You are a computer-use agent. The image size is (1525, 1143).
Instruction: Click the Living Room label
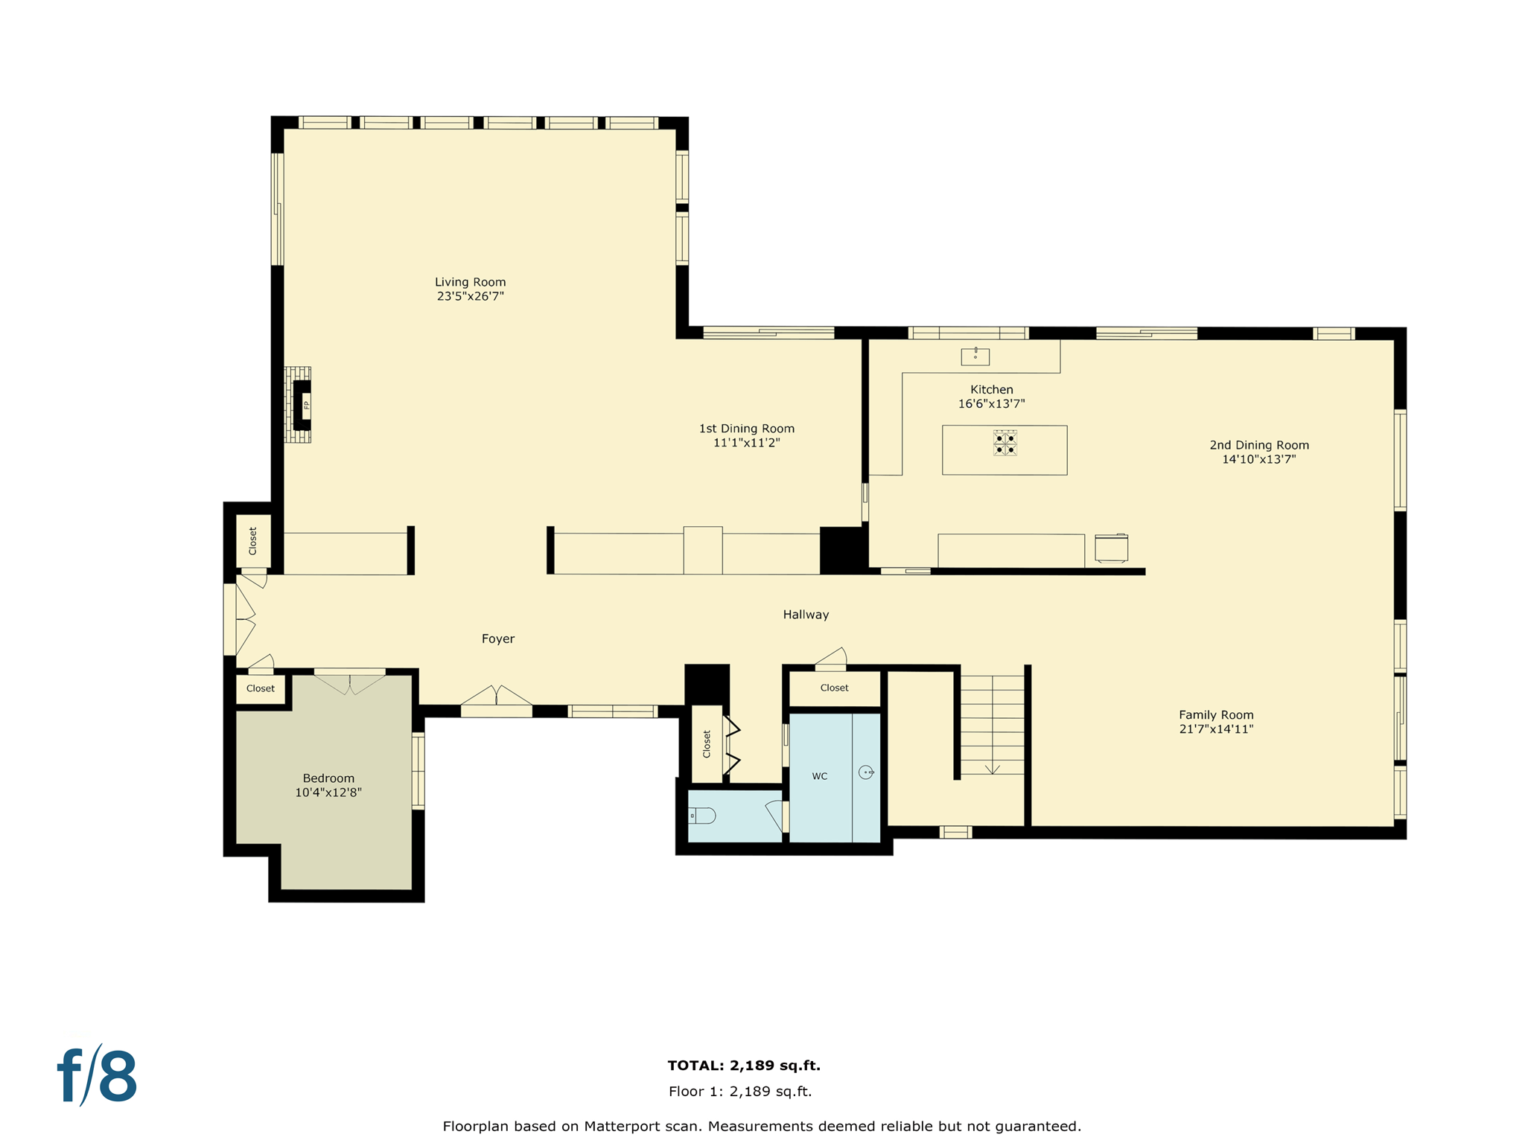pyautogui.click(x=470, y=282)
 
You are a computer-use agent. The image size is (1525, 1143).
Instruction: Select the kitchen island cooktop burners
pyautogui.click(x=1005, y=443)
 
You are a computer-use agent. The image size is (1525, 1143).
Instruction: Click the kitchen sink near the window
pyautogui.click(x=975, y=356)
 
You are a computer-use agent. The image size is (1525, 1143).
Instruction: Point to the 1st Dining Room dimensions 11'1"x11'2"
pyautogui.click(x=746, y=443)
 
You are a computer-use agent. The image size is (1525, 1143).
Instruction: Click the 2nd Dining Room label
pyautogui.click(x=1258, y=445)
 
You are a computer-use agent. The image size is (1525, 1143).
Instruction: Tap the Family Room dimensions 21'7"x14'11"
pyautogui.click(x=1216, y=729)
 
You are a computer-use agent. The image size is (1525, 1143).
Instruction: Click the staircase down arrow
pyautogui.click(x=993, y=768)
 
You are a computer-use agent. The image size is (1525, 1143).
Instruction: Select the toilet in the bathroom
pyautogui.click(x=701, y=816)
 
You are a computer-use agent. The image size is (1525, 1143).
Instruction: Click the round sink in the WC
pyautogui.click(x=866, y=772)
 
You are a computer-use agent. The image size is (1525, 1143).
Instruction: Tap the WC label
pyautogui.click(x=819, y=776)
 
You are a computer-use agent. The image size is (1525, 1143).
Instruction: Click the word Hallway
pyautogui.click(x=806, y=615)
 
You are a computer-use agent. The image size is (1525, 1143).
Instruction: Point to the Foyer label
pyautogui.click(x=497, y=638)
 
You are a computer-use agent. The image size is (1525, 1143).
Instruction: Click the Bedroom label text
pyautogui.click(x=328, y=778)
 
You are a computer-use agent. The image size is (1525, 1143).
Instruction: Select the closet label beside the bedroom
pyautogui.click(x=261, y=688)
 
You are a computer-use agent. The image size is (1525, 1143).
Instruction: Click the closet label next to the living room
pyautogui.click(x=253, y=541)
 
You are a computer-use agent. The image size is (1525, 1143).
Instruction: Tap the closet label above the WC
pyautogui.click(x=834, y=688)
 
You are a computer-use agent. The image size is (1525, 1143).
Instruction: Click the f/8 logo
pyautogui.click(x=98, y=1076)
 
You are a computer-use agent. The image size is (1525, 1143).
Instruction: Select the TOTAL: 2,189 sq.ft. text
pyautogui.click(x=743, y=1065)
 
